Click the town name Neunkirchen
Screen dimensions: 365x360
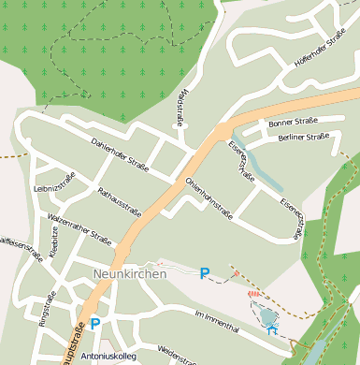pos(130,274)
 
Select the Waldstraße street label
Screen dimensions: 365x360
pos(180,109)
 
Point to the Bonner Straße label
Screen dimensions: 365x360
pos(293,123)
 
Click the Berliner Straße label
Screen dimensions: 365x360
pos(303,138)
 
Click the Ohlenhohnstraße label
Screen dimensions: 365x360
pos(209,197)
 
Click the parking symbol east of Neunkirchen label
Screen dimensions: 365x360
pos(205,273)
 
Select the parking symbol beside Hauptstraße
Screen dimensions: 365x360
pos(94,325)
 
